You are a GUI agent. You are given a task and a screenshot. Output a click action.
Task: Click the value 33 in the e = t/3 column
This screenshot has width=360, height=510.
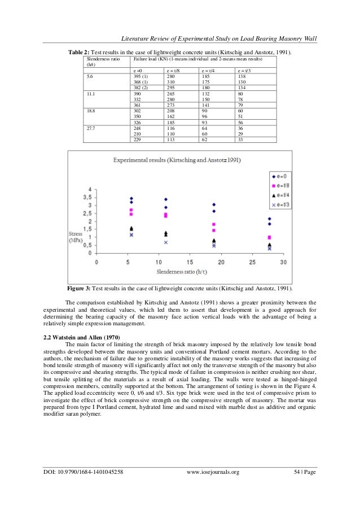(241, 140)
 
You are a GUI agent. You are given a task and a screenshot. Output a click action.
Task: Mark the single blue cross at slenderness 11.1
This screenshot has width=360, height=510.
(166, 242)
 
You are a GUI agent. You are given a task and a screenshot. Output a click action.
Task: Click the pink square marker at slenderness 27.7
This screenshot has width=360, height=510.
(269, 238)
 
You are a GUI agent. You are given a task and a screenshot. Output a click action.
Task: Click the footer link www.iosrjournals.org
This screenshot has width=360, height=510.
(213, 486)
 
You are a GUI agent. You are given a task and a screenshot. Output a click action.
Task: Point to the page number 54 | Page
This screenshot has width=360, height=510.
(304, 486)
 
